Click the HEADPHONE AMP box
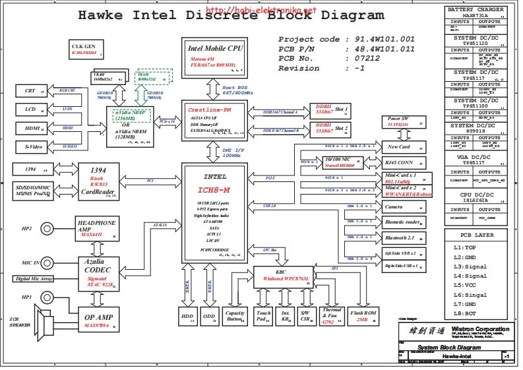point(97,227)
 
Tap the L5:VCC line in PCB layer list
point(470,286)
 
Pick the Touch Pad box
point(263,316)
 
